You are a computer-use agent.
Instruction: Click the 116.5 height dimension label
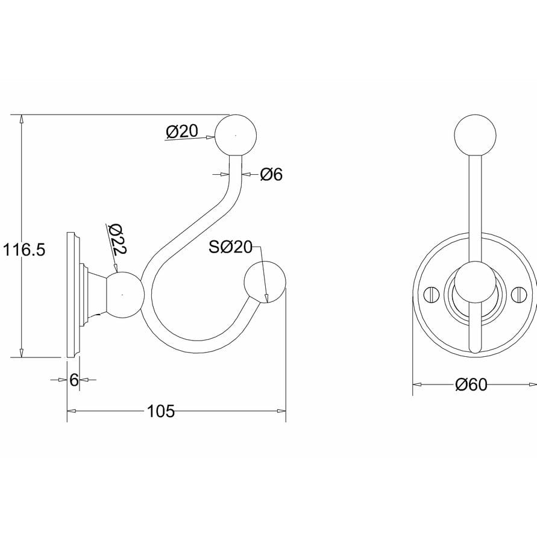[x=24, y=250]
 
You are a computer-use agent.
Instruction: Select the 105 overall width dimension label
[x=160, y=412]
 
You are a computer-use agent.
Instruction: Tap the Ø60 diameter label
[x=471, y=385]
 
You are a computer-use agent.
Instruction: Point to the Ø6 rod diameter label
[x=271, y=175]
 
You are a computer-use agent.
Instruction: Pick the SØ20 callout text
[x=230, y=247]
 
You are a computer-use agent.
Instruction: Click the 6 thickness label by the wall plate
[x=74, y=380]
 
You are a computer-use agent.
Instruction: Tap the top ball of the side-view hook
[x=237, y=135]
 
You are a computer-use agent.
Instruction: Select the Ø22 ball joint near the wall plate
[x=124, y=294]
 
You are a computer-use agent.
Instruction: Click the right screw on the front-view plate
[x=519, y=295]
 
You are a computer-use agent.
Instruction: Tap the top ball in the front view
[x=475, y=135]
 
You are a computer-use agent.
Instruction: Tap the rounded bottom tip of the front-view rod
[x=475, y=348]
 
